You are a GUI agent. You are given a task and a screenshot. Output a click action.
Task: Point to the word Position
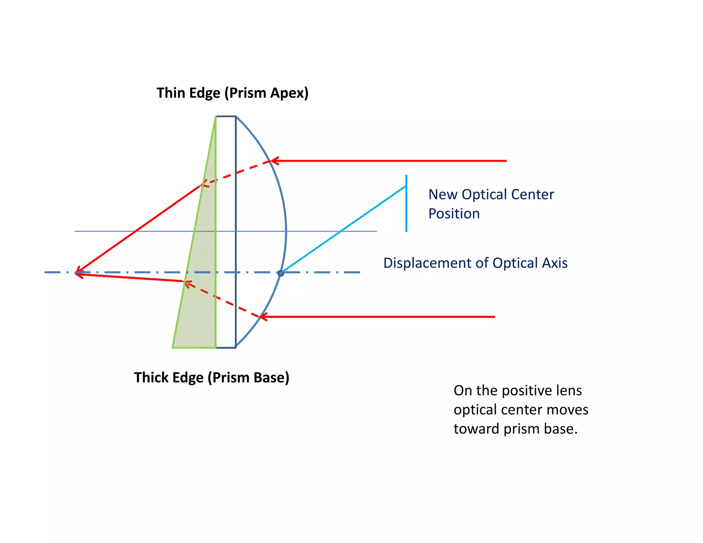click(x=454, y=213)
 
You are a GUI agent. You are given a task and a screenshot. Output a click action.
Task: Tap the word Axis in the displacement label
click(x=554, y=263)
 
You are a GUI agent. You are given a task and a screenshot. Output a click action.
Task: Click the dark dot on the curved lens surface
click(x=281, y=273)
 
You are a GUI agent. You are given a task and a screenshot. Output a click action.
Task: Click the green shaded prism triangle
click(x=201, y=275)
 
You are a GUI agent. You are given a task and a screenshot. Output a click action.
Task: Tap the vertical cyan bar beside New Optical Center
click(x=406, y=204)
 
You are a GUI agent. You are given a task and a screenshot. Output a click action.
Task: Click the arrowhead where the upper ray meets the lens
click(x=275, y=161)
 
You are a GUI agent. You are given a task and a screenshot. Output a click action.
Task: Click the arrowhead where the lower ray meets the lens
click(x=263, y=316)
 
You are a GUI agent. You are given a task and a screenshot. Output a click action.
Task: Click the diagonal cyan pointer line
click(x=344, y=229)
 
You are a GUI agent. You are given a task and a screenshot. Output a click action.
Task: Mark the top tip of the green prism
click(x=216, y=117)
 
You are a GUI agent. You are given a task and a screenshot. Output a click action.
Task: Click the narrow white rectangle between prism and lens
click(x=226, y=232)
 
